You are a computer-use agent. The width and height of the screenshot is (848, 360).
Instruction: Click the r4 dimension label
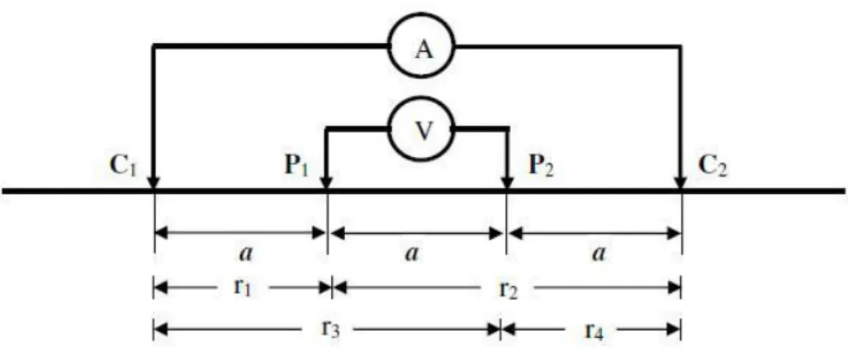592,328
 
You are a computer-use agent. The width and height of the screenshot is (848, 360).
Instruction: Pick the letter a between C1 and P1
245,253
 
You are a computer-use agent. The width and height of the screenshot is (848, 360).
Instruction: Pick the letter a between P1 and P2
411,253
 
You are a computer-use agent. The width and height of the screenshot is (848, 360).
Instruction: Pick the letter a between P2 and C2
598,253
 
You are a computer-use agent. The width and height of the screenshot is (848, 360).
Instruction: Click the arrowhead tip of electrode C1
154,190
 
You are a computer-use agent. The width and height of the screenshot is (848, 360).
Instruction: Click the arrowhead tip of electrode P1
326,190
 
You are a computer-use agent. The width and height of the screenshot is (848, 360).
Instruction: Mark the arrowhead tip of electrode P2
507,190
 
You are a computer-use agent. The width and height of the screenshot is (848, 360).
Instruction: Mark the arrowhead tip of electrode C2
680,190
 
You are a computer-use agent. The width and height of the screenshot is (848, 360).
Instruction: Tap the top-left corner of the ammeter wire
154,47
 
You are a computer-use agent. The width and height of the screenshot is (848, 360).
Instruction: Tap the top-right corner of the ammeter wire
680,47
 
